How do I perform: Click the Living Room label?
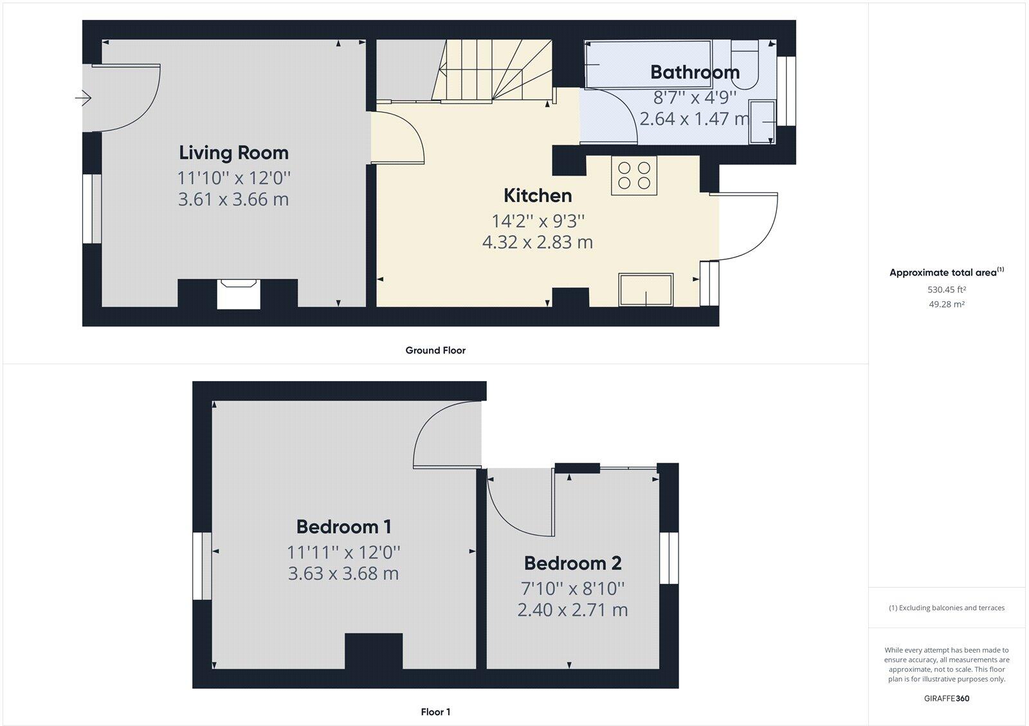coord(233,153)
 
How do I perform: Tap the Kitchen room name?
coord(537,196)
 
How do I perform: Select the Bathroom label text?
coord(695,72)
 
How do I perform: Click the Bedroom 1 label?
coord(343,527)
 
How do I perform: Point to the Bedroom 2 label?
coord(572,564)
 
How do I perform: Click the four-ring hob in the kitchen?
coord(633,176)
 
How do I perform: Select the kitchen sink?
coord(646,290)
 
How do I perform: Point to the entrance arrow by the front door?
coord(83,98)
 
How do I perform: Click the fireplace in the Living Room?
coord(238,293)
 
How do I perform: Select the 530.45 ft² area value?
coord(946,290)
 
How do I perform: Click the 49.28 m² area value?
coord(946,304)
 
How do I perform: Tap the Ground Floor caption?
coord(435,351)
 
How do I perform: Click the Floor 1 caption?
coord(435,712)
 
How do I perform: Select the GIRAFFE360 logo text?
coord(946,698)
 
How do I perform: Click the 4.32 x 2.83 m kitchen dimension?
coord(537,243)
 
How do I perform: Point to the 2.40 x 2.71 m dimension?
coord(572,610)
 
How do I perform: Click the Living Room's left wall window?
coord(92,209)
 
